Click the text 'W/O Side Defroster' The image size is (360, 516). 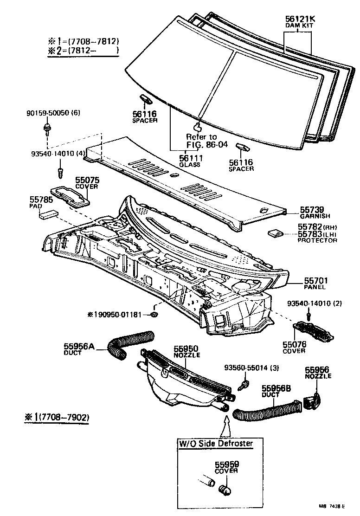(216, 443)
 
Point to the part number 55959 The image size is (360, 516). (226, 464)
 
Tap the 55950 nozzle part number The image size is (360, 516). (186, 348)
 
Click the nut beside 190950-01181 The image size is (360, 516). (154, 316)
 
